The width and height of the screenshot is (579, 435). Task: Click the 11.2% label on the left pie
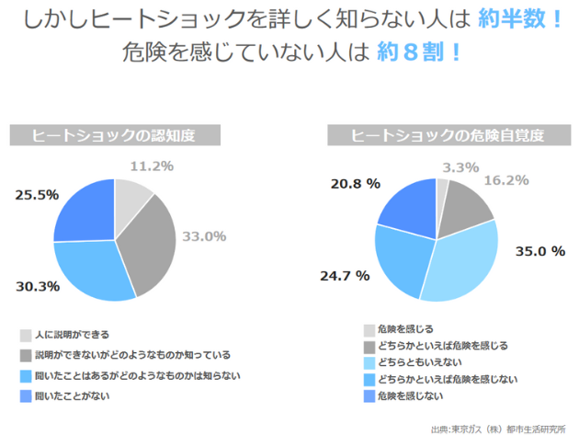[x=152, y=166]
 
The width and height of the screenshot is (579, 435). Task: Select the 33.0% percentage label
[x=203, y=236]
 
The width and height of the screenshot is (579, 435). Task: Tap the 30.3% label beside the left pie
[x=38, y=286]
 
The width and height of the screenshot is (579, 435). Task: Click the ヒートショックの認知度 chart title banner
[x=115, y=135]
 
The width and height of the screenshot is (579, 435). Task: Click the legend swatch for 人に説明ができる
[x=25, y=335]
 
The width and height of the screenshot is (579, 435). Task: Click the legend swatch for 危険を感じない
[x=369, y=396]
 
